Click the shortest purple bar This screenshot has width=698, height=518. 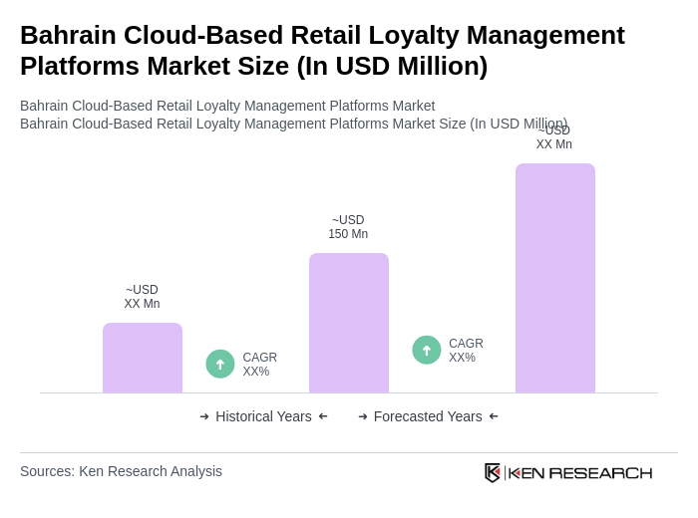tap(143, 358)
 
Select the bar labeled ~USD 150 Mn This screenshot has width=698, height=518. tap(349, 323)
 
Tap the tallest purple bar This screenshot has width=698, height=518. tap(555, 278)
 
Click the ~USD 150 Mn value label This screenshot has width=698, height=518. tap(348, 227)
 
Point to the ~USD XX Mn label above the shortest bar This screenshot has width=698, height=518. tap(142, 297)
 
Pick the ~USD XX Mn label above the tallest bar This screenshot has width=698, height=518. tap(554, 137)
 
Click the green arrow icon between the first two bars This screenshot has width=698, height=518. tap(220, 364)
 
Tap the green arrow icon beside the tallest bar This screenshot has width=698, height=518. tap(427, 350)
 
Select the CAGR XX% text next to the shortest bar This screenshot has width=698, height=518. tap(260, 365)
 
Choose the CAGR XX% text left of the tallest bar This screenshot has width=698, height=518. tap(466, 351)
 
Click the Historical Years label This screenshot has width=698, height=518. tap(263, 416)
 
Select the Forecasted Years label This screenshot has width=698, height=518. tap(428, 416)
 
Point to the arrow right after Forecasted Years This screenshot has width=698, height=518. tap(494, 416)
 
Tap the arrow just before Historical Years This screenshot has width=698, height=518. tap(204, 416)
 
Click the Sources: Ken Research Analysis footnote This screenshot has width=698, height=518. tap(121, 471)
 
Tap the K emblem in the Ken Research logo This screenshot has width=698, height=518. tap(493, 472)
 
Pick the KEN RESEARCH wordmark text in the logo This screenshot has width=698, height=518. tap(580, 472)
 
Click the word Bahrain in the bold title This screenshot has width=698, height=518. tap(68, 35)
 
